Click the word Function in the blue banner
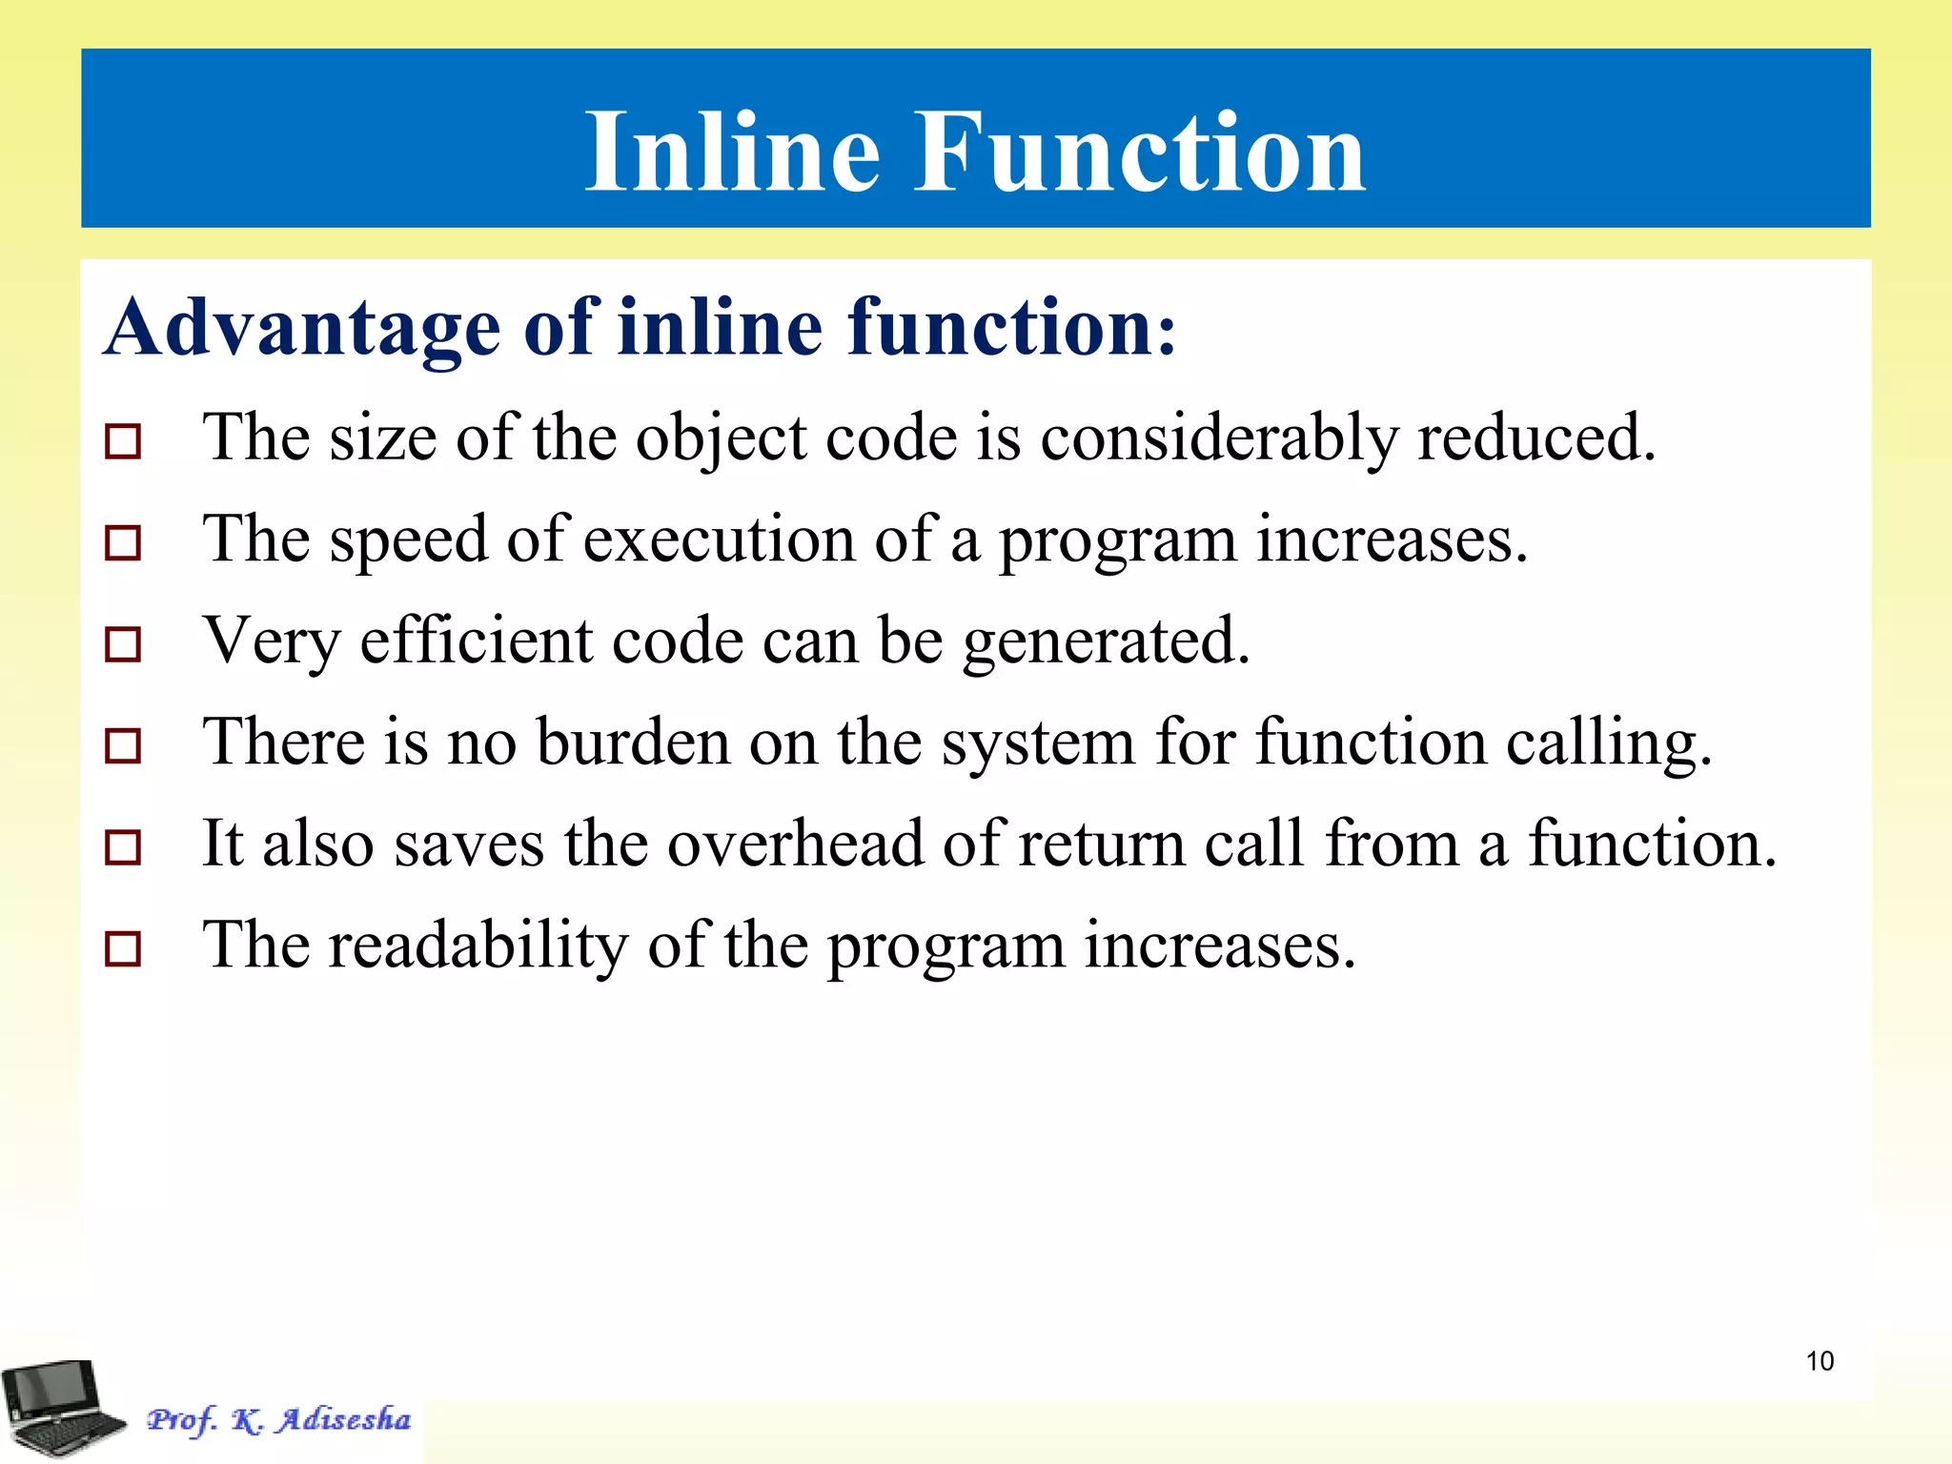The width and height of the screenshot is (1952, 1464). [x=1140, y=152]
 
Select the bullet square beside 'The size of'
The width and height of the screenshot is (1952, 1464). [x=123, y=442]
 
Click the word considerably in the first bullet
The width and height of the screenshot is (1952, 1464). [x=1218, y=440]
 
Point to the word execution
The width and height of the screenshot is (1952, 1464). [x=719, y=540]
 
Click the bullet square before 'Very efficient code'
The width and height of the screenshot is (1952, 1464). [x=123, y=645]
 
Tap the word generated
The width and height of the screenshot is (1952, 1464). [x=1106, y=642]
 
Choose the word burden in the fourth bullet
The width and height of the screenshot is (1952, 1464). [x=633, y=742]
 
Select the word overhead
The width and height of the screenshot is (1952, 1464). [x=795, y=844]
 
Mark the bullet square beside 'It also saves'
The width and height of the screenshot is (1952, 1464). [x=123, y=847]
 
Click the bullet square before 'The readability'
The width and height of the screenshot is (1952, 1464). [x=123, y=949]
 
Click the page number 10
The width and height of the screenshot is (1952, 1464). [x=1820, y=1361]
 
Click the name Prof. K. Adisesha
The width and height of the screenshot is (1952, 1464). [x=278, y=1420]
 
